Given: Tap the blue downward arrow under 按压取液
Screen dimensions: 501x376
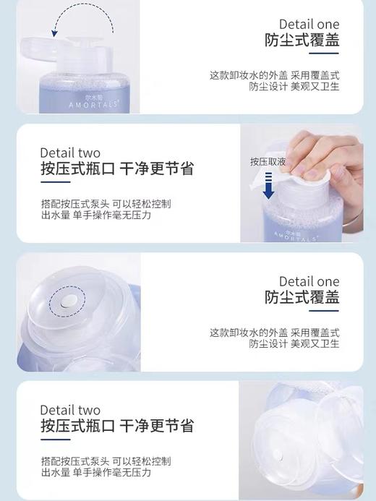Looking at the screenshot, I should [x=269, y=189].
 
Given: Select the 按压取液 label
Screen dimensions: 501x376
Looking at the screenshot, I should [x=268, y=162].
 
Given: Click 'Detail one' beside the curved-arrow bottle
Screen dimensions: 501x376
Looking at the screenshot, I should [x=309, y=25].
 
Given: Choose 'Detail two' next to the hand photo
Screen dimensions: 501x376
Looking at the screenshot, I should [x=70, y=153].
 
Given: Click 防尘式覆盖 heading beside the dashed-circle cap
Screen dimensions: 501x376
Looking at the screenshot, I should [x=302, y=297].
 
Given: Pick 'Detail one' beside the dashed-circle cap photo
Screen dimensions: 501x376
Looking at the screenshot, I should [x=309, y=281].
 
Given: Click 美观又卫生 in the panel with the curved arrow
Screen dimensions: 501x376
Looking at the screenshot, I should [x=315, y=87].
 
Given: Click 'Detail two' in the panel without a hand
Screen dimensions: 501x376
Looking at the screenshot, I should [x=70, y=410].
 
